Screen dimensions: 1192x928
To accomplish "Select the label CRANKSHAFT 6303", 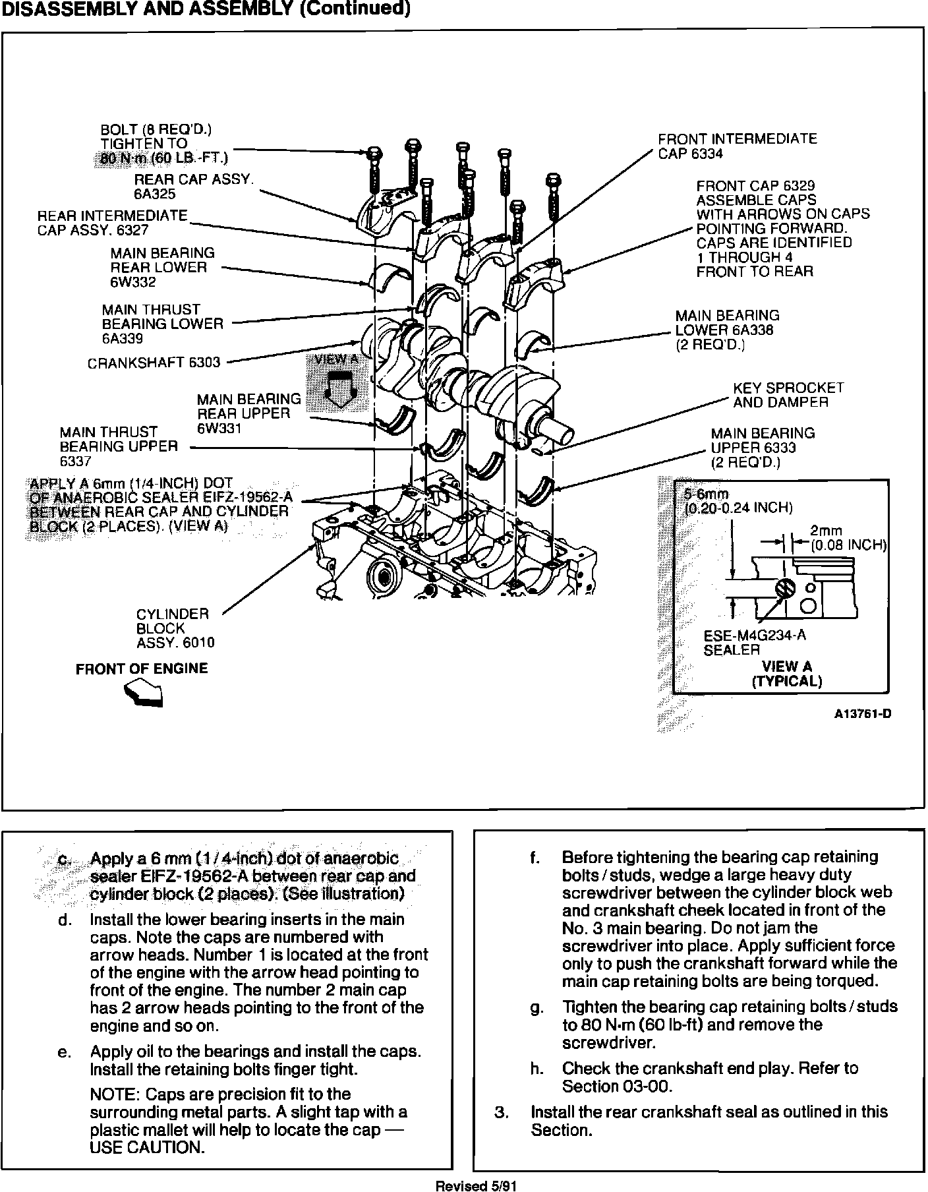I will (154, 363).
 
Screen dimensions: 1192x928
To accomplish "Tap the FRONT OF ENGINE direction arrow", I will (143, 694).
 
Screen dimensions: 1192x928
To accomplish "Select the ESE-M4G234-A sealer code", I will (755, 636).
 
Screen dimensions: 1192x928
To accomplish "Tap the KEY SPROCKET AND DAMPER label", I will (788, 395).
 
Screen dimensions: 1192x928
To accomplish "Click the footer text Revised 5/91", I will (477, 1185).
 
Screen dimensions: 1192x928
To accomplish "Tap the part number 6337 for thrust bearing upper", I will (75, 461).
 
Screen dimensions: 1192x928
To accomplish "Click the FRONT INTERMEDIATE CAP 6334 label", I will (737, 146).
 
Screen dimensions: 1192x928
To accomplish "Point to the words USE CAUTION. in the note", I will (146, 1148).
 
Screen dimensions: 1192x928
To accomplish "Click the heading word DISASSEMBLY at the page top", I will (65, 9).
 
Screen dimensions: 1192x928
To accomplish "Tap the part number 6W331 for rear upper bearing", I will (219, 428).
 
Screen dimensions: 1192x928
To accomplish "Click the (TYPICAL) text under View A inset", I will (787, 681).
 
